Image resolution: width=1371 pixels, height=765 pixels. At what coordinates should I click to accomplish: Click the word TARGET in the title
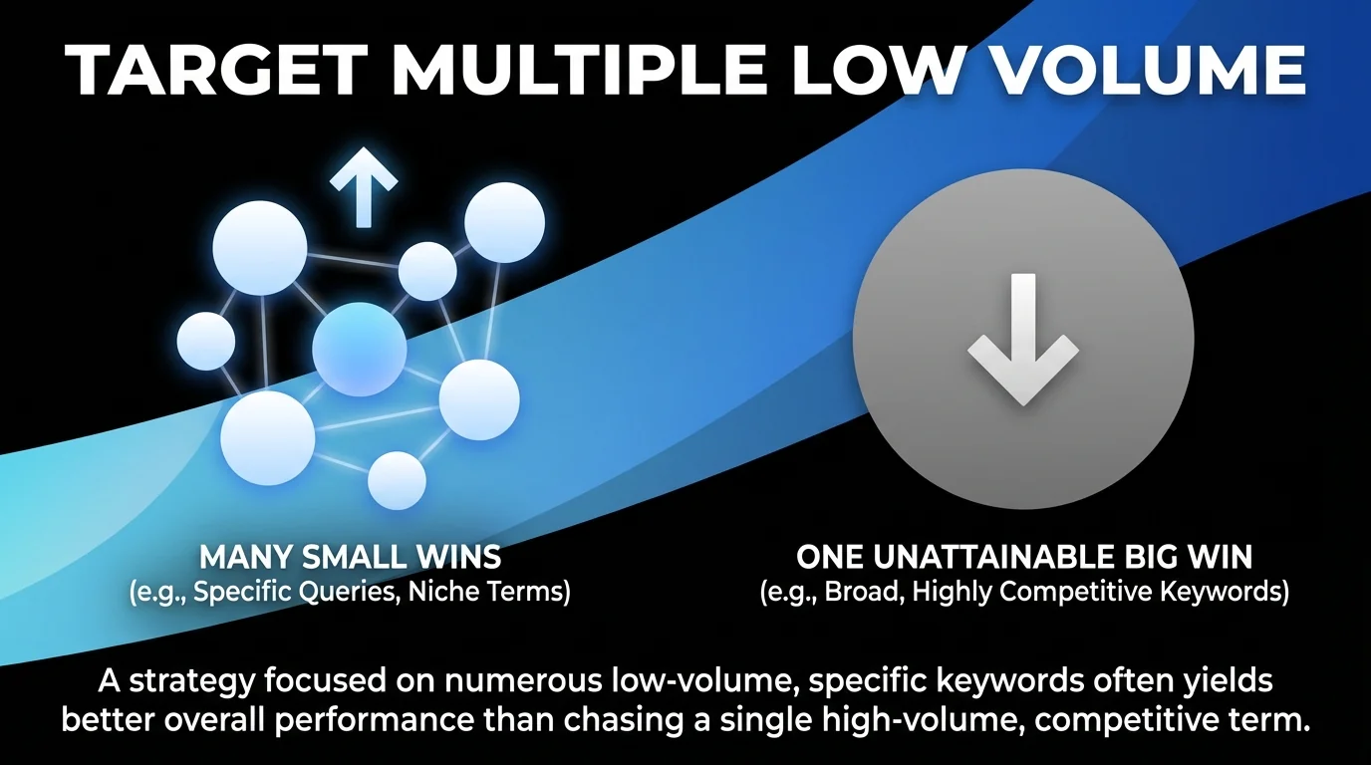tap(210, 69)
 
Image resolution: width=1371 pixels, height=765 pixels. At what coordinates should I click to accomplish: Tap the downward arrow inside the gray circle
tap(1022, 339)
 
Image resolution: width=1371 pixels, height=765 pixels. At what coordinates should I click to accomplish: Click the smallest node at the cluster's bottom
tap(397, 480)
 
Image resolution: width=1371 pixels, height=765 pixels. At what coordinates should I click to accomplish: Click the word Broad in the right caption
tap(856, 591)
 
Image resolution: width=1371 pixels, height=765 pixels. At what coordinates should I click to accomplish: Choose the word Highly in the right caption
tap(954, 591)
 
